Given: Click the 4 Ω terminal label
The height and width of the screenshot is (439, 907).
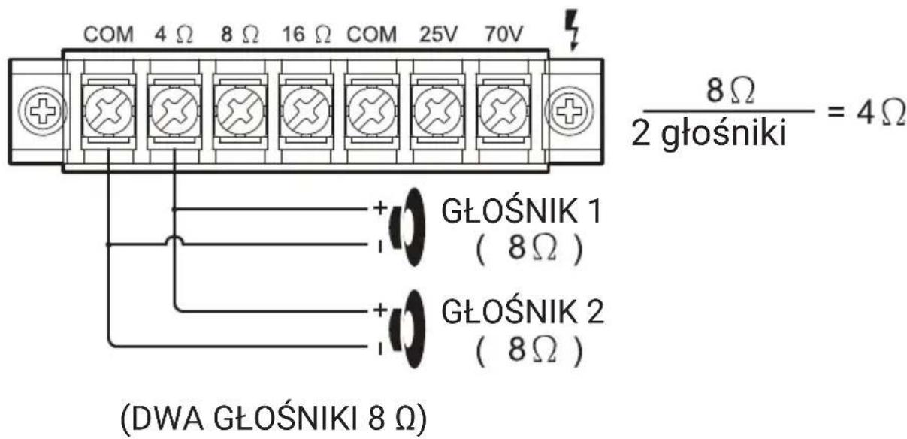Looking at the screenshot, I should pos(174,36).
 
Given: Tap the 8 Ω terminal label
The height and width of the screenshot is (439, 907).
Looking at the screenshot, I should pos(240,36).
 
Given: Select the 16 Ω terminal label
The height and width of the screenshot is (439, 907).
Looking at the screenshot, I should pos(307,36).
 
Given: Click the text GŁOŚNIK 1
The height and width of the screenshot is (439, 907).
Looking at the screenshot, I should pos(521,213).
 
